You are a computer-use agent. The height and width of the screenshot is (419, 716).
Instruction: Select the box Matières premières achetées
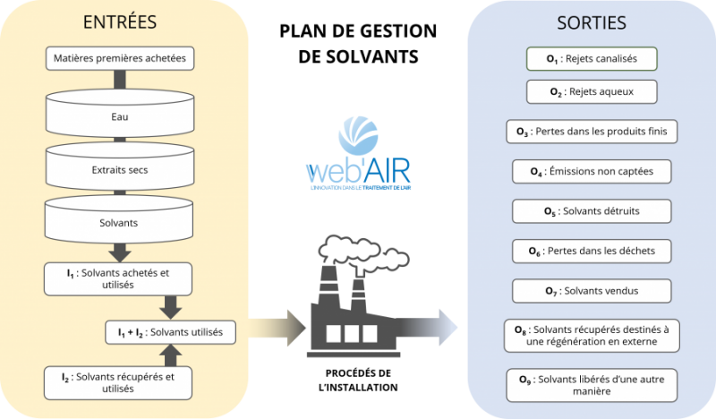(119, 61)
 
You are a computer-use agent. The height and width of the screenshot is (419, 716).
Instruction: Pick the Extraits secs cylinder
(119, 167)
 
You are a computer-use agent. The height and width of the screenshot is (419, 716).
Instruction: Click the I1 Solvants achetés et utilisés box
(119, 278)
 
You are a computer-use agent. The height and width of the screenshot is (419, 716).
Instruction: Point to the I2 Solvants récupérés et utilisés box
(119, 382)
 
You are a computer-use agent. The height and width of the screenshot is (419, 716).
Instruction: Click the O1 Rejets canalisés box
(592, 60)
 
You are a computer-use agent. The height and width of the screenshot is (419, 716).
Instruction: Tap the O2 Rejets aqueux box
(592, 91)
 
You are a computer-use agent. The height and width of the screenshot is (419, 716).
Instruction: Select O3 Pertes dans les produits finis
(592, 132)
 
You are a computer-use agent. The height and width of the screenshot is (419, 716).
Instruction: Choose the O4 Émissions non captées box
(592, 170)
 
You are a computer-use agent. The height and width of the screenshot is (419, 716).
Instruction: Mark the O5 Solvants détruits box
(592, 211)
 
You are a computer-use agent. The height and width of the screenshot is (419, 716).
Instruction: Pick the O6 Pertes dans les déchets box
(592, 251)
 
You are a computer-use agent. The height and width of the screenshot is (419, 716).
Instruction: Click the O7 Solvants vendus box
(592, 291)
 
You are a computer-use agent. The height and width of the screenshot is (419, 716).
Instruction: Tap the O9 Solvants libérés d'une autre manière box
(592, 385)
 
